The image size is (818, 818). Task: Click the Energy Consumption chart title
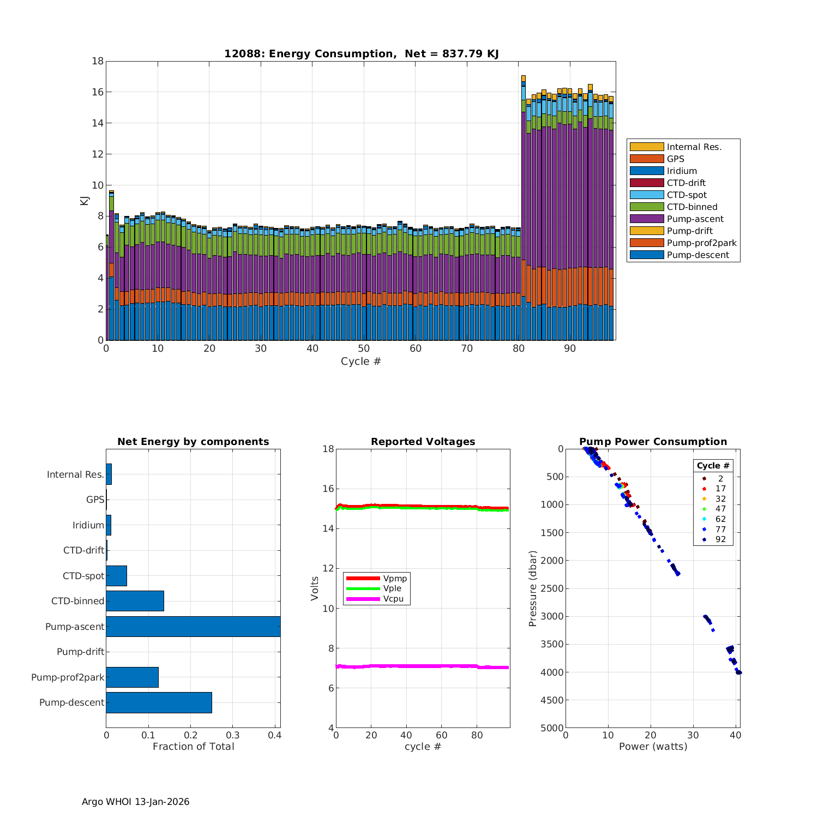pos(361,53)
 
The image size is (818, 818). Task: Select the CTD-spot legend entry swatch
pos(646,195)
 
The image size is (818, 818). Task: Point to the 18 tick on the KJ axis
pos(98,61)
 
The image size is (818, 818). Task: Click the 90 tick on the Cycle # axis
pos(569,348)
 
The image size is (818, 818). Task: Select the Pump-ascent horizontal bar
pos(193,627)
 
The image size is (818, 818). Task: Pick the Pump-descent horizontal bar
pos(159,702)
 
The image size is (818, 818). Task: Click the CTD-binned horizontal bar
pos(135,601)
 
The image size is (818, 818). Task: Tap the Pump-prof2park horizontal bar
pos(132,677)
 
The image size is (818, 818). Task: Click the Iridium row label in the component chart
pos(88,525)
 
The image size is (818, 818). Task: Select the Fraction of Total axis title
pos(193,747)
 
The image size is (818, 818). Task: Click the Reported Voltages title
pos(423,442)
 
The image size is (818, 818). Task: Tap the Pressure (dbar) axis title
pos(533,588)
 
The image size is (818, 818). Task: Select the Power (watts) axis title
pos(653,747)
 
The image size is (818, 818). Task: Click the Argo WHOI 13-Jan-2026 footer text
pos(135,802)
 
